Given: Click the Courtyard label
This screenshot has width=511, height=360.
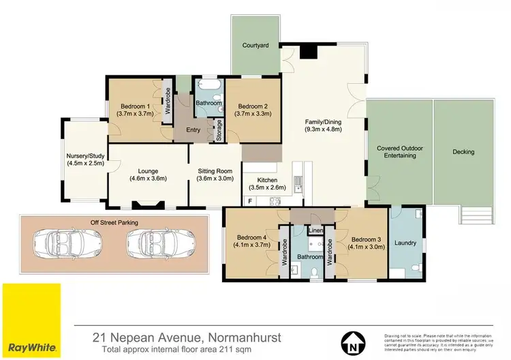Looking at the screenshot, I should click(255, 46).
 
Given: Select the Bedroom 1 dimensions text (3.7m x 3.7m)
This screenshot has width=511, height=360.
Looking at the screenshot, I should click(135, 114).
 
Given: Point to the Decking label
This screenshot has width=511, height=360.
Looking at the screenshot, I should click(463, 151).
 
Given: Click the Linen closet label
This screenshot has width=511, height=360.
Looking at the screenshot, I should click(315, 231).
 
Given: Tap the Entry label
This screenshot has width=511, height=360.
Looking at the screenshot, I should click(190, 130).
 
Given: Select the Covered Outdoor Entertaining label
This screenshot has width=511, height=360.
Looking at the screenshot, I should click(399, 152).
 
